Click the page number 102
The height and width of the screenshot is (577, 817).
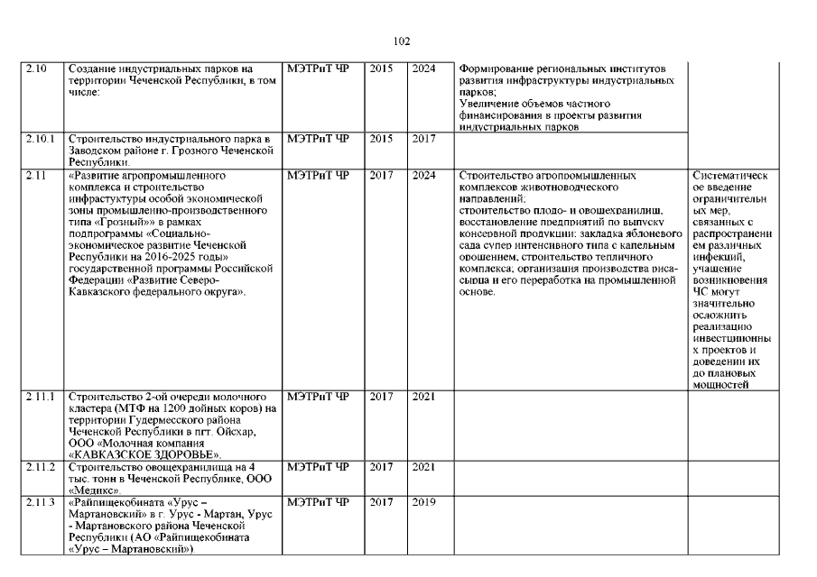pos(403,41)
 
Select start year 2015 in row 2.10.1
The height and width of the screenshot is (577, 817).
pos(381,139)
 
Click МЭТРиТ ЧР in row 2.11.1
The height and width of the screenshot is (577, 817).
pos(317,396)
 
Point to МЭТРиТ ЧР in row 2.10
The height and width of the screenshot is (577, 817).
pos(317,69)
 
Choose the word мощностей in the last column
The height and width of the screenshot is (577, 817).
pos(722,385)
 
